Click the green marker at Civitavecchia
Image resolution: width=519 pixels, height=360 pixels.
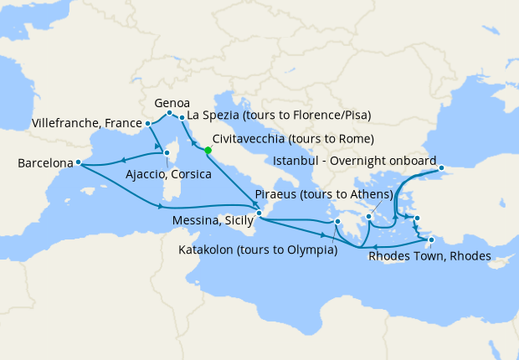pos(208,151)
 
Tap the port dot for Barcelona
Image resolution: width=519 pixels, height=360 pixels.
pos(78,162)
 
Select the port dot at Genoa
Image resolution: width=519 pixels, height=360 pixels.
pos(169,113)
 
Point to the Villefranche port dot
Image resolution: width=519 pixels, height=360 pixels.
pos(148,124)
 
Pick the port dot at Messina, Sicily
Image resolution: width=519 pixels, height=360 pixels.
pos(259,213)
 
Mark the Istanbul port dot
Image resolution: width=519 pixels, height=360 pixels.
pos(441,171)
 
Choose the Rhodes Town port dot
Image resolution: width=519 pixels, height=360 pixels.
pos(431,241)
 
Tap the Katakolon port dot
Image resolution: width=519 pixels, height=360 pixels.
pos(337,222)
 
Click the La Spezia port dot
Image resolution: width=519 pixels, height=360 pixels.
pos(182,117)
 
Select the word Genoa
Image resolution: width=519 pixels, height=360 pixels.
pos(172,100)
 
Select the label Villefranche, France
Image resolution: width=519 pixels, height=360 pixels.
pos(84,123)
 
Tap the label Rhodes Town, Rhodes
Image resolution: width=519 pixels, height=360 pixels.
pos(429,256)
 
